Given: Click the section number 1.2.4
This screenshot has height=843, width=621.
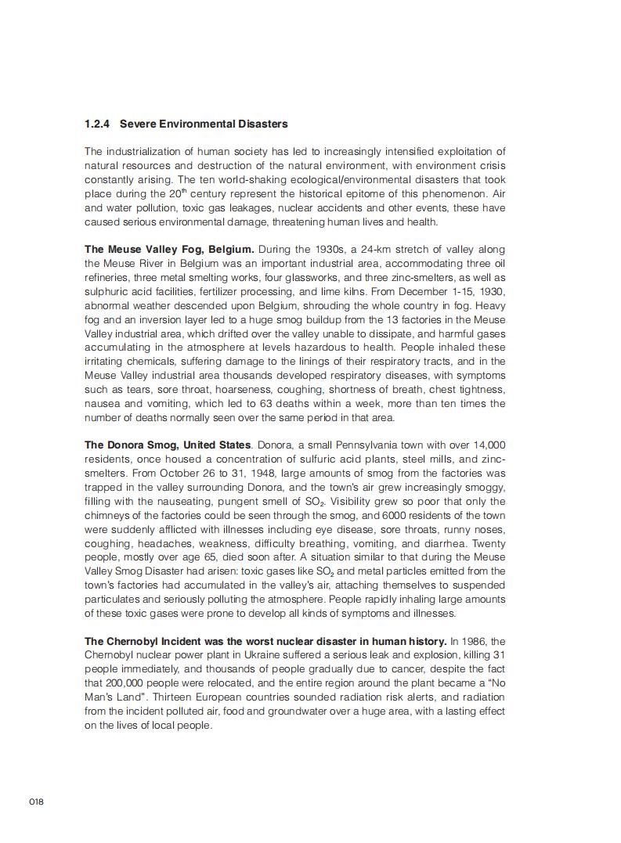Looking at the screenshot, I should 97,124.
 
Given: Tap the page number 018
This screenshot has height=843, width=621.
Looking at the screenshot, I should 36,802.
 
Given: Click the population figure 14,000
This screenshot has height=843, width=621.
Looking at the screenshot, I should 487,445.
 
